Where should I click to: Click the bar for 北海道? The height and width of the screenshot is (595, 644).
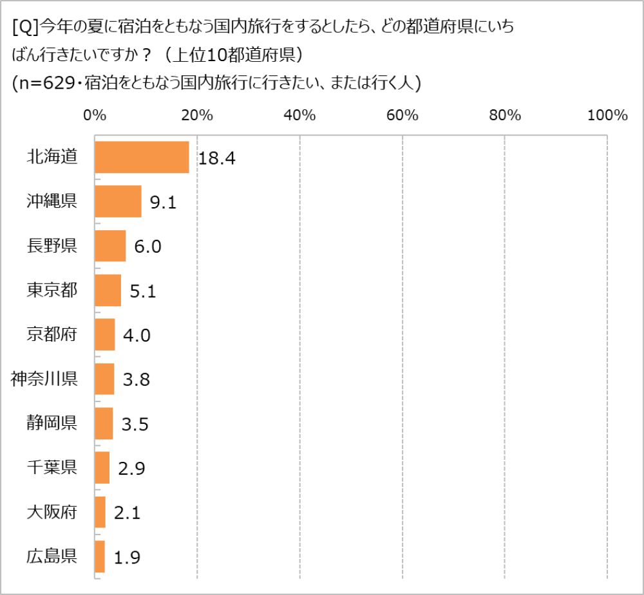[x=142, y=157]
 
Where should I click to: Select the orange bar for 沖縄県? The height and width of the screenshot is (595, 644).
[x=118, y=201]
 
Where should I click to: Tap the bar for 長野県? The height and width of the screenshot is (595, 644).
[x=110, y=246]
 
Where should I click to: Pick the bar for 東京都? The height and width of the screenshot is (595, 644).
[x=108, y=290]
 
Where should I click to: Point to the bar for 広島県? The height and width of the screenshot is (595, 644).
[x=100, y=556]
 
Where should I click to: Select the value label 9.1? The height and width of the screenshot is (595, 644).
[x=163, y=203]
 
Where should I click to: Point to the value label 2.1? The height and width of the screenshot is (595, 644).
[x=127, y=513]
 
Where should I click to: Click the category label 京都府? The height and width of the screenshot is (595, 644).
[x=52, y=334]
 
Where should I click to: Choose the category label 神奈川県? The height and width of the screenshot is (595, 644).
[x=44, y=379]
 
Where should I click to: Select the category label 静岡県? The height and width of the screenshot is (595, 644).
[x=52, y=423]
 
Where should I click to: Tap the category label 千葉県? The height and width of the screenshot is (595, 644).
[x=52, y=468]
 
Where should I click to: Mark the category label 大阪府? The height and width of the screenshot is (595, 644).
[x=52, y=512]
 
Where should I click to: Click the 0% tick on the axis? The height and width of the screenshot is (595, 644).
[x=95, y=116]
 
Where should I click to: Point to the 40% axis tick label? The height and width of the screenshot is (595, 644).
[x=299, y=116]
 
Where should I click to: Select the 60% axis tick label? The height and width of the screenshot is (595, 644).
[x=402, y=116]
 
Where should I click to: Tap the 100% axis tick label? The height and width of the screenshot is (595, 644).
[x=607, y=116]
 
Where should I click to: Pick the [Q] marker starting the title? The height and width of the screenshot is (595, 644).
[x=24, y=27]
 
